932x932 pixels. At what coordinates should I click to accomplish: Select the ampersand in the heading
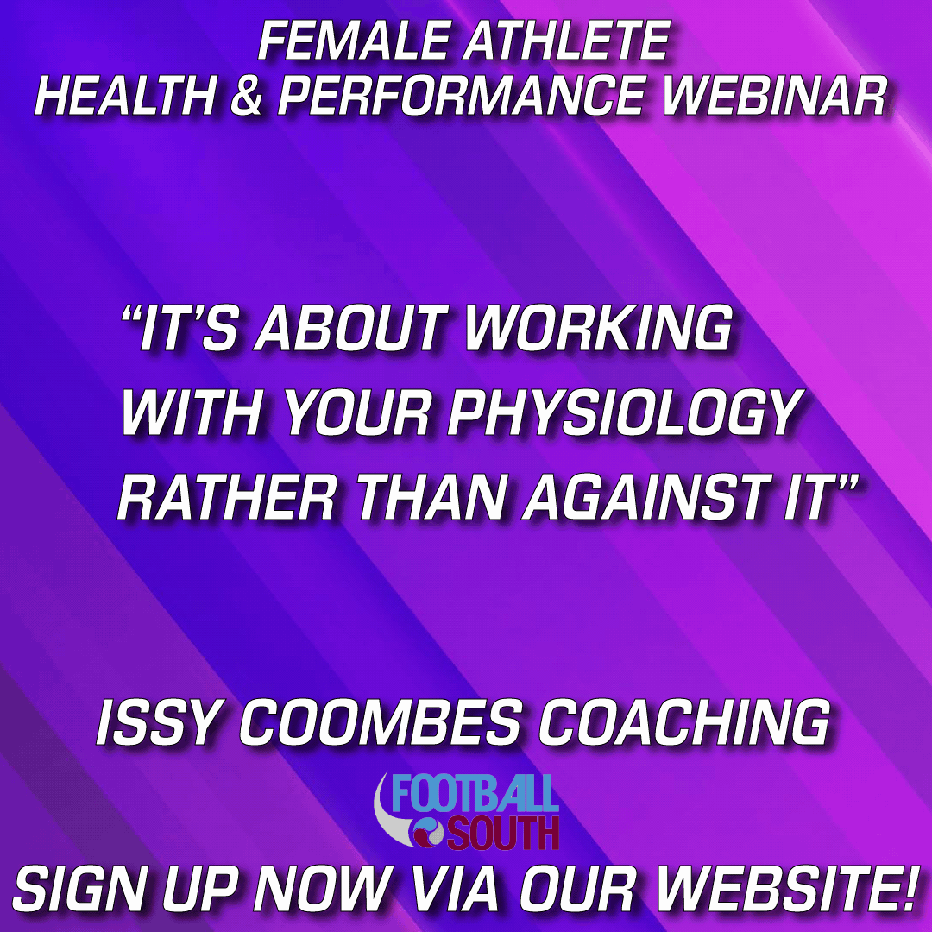245,95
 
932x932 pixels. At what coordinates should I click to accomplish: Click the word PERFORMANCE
461,95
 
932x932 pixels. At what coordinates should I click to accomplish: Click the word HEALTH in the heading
125,95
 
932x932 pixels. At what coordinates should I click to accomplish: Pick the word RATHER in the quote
226,498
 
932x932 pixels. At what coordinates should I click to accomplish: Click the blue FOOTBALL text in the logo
475,793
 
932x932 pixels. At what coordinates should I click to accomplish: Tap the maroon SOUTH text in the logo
502,832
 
